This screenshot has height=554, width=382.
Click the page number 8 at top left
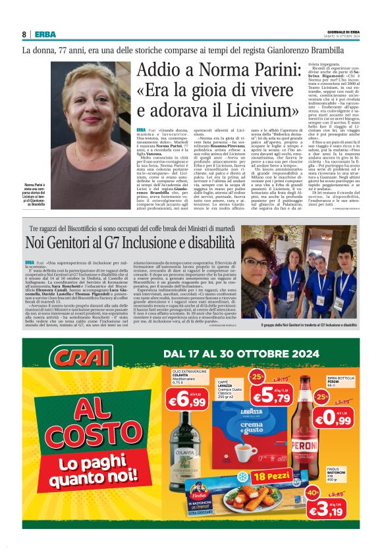coord(24,34)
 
